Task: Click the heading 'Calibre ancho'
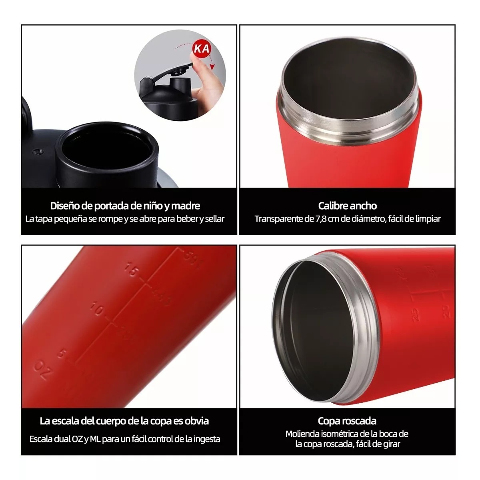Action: (x=347, y=206)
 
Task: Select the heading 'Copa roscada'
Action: (x=347, y=421)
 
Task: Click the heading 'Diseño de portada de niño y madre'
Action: (x=125, y=206)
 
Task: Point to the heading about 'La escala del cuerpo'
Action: (x=124, y=421)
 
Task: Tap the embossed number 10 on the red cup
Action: (x=97, y=310)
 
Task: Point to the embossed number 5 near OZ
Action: (x=61, y=354)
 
